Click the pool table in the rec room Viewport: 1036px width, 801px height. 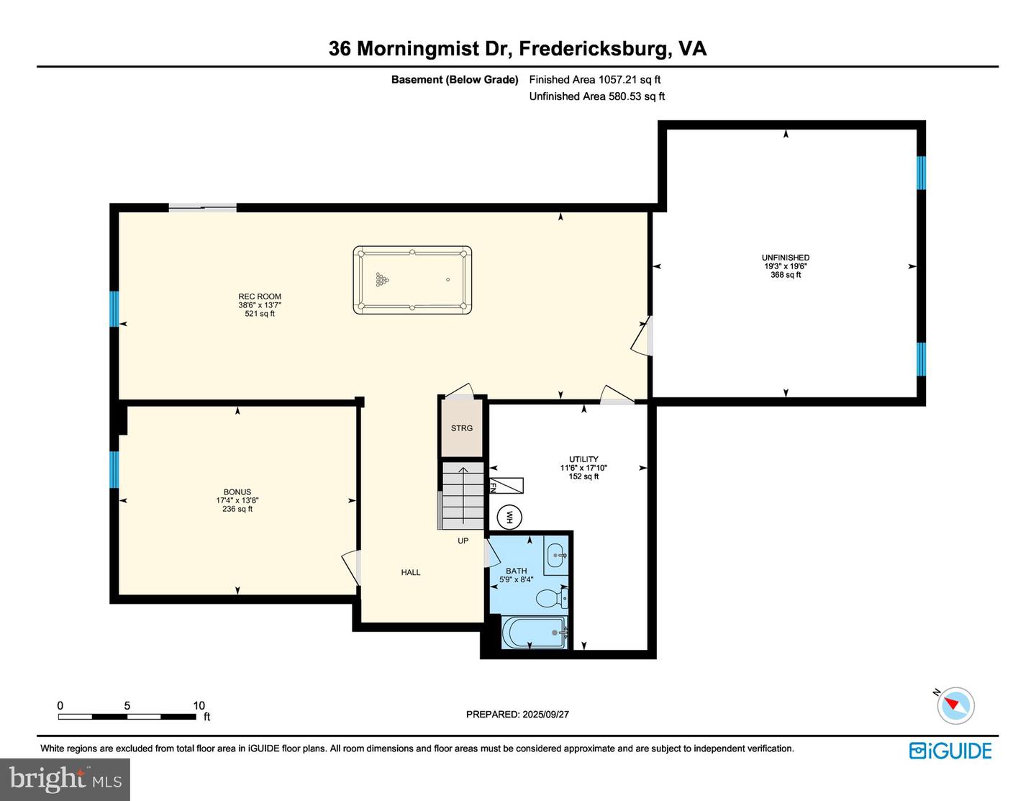(412, 280)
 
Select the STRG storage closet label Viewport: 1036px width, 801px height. (461, 428)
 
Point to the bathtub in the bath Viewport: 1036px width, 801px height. (535, 633)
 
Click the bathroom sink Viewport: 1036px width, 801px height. (556, 555)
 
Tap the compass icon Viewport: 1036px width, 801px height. (955, 705)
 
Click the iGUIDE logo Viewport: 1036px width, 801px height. (950, 751)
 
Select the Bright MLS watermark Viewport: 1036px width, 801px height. (65, 779)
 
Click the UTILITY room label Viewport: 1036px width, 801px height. (583, 459)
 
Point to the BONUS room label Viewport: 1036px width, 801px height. (237, 492)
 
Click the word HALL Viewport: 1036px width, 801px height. (411, 572)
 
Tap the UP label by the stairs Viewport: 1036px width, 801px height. (463, 540)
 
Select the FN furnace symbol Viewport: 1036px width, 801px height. (506, 485)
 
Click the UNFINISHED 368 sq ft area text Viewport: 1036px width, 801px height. (786, 275)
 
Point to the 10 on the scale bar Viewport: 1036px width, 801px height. (199, 705)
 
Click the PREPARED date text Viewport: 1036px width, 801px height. (517, 714)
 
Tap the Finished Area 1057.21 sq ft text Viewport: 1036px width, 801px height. (594, 80)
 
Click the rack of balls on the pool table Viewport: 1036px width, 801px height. (382, 280)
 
